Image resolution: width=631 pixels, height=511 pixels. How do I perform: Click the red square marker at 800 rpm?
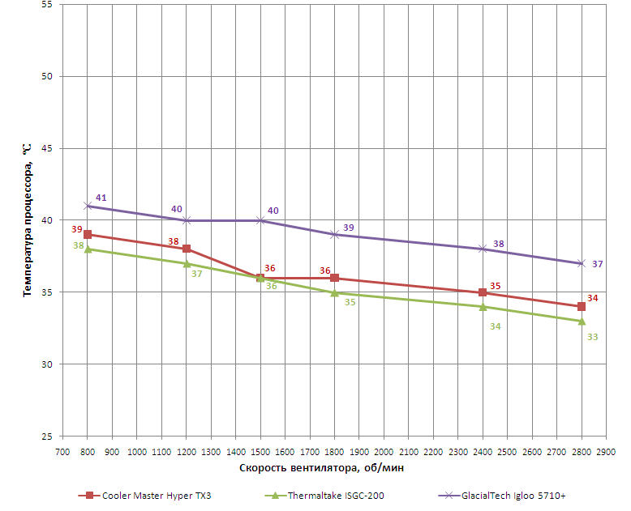88,235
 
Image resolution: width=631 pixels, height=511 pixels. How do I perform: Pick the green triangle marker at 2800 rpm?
582,321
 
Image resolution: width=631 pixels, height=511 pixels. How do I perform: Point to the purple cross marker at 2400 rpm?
483,249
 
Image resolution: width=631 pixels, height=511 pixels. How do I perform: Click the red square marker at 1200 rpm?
187,249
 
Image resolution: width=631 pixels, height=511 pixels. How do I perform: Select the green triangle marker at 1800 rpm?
334,292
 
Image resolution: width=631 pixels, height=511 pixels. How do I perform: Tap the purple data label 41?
101,198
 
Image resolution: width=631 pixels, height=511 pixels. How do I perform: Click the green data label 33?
592,336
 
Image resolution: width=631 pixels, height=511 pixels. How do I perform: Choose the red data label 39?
77,229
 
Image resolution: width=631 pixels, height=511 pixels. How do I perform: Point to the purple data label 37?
598,264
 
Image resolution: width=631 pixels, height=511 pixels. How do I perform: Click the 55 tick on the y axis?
45,5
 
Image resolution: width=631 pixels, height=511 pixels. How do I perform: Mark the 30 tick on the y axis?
45,364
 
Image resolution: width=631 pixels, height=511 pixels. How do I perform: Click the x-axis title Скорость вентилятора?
322,468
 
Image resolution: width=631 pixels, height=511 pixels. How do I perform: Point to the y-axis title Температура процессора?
28,219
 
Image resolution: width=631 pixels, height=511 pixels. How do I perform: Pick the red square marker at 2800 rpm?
582,306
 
